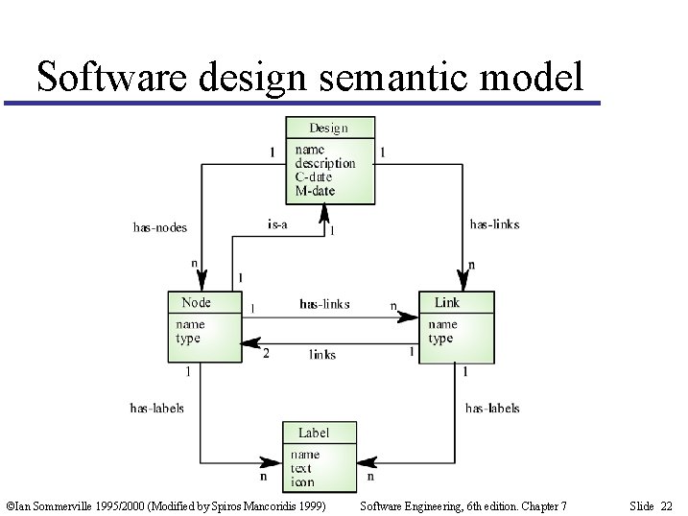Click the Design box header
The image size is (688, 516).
(x=328, y=128)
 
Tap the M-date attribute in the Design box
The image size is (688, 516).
(x=315, y=190)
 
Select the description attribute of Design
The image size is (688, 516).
(x=324, y=163)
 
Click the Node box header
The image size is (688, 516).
(x=196, y=302)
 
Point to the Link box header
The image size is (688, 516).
(x=447, y=302)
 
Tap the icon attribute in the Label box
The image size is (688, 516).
(x=302, y=481)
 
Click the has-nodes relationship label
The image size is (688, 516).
(x=160, y=227)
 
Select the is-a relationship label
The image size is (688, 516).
(x=277, y=224)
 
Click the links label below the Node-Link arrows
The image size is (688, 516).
(x=322, y=354)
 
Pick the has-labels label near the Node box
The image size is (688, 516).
(x=156, y=408)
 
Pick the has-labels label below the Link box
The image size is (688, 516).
(x=492, y=408)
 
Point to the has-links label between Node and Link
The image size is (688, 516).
(x=324, y=304)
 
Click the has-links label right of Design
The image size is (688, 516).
(x=494, y=224)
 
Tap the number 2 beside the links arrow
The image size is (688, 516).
(x=266, y=353)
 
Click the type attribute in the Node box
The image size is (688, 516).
(x=188, y=339)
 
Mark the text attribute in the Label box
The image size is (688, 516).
(x=301, y=469)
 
